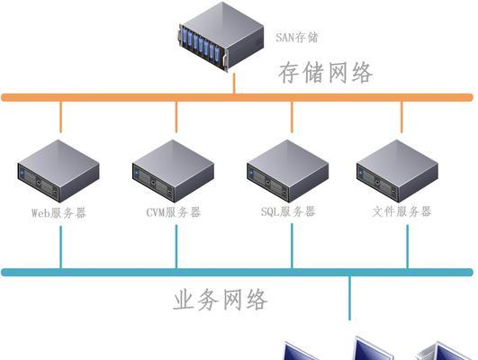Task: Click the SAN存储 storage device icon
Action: (221, 37)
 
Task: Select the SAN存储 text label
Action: (297, 37)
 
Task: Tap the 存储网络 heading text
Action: (325, 73)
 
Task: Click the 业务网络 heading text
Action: (221, 300)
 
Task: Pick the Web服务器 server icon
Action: (59, 171)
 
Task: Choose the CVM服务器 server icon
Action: (173, 171)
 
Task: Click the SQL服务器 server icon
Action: (288, 171)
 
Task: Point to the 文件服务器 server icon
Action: (398, 171)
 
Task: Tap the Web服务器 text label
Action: (59, 212)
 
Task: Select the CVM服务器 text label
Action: (174, 212)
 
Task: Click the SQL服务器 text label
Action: (288, 211)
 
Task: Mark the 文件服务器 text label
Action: (401, 211)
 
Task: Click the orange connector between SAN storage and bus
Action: (234, 84)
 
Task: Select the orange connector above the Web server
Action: (60, 117)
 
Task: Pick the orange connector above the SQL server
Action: (292, 117)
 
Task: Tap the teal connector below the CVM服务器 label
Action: (176, 247)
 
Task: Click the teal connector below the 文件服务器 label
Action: (408, 247)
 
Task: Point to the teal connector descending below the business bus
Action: (349, 298)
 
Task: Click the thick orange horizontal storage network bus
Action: (237, 97)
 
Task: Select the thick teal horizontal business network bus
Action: (237, 272)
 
